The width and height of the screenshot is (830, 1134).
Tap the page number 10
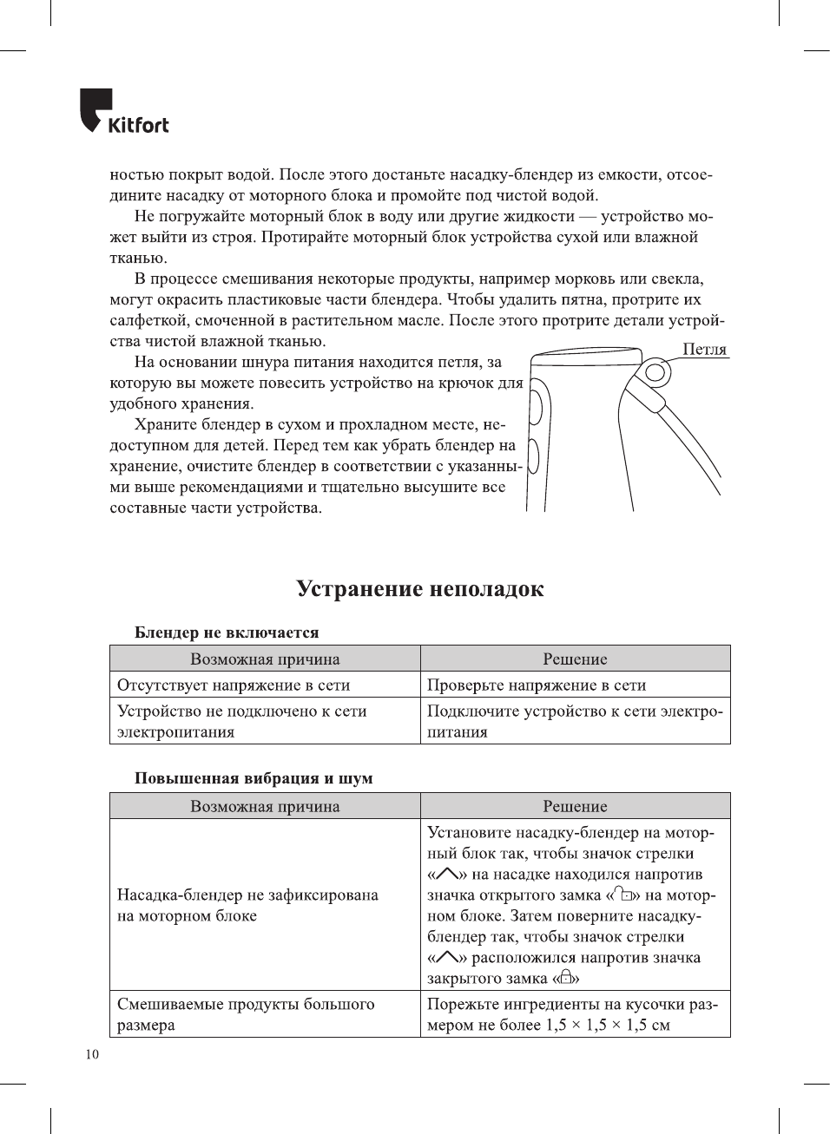pyautogui.click(x=92, y=1054)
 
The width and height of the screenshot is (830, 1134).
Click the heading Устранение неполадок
pyautogui.click(x=419, y=589)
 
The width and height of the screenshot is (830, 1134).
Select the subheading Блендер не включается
pyautogui.click(x=227, y=633)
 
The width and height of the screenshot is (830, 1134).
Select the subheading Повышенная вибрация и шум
pyautogui.click(x=254, y=778)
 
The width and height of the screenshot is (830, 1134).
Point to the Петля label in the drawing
pyautogui.click(x=704, y=349)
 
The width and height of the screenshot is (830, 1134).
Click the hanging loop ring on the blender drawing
pyautogui.click(x=656, y=374)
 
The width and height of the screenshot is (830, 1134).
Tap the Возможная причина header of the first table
pyautogui.click(x=265, y=659)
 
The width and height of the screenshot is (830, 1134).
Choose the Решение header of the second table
pyautogui.click(x=575, y=806)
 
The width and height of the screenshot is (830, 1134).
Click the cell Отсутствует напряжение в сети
pyautogui.click(x=234, y=685)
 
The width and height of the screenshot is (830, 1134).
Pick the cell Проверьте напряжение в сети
pyautogui.click(x=537, y=685)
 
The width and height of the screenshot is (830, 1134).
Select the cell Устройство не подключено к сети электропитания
pyautogui.click(x=241, y=721)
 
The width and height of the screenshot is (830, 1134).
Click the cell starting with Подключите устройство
pyautogui.click(x=574, y=721)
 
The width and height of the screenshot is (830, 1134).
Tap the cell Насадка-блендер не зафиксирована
pyautogui.click(x=247, y=905)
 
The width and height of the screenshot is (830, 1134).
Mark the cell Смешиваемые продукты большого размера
pyautogui.click(x=246, y=1014)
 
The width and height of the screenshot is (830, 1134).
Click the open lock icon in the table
pyautogui.click(x=622, y=895)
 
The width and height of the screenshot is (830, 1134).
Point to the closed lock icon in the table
pyautogui.click(x=566, y=978)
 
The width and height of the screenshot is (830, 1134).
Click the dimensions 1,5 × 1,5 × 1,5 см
pyautogui.click(x=608, y=1025)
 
